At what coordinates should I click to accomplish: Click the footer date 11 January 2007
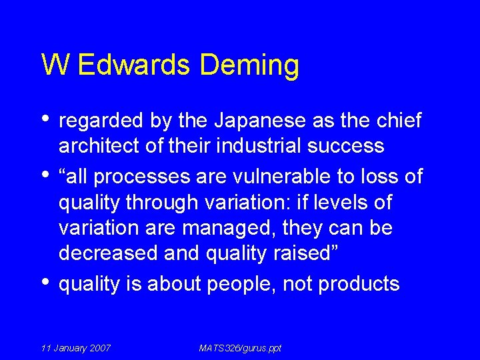pos(76,348)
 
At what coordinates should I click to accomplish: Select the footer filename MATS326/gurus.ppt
pos(240,348)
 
